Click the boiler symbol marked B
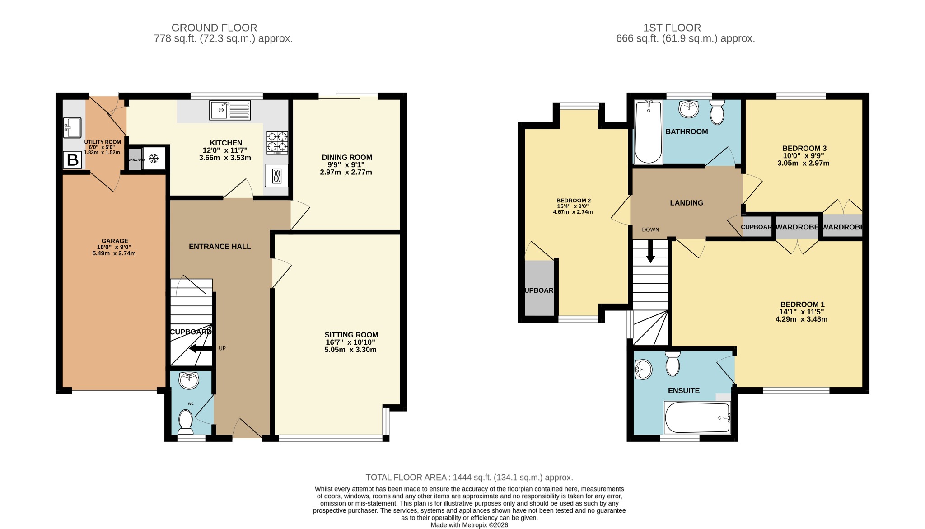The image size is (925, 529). [73, 160]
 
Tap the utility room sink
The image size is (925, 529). [72, 127]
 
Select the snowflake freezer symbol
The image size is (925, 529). [154, 159]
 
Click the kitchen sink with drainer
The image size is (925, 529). [230, 110]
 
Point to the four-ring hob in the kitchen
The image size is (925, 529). [277, 142]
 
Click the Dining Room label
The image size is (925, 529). [347, 157]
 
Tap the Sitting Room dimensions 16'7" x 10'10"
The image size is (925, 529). [350, 342]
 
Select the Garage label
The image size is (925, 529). [115, 241]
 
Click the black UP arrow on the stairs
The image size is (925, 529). [200, 348]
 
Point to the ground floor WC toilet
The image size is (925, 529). [186, 420]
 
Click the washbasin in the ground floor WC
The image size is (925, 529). [189, 380]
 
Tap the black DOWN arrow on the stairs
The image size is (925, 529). [650, 251]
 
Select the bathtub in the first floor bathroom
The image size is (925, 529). [649, 132]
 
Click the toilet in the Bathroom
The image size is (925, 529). [717, 112]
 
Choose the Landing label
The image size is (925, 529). [687, 203]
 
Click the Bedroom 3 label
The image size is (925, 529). [804, 148]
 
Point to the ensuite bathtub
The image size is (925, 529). [697, 417]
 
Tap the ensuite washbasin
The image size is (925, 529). [644, 370]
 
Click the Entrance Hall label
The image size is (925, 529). [220, 246]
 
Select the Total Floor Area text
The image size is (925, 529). [469, 477]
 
